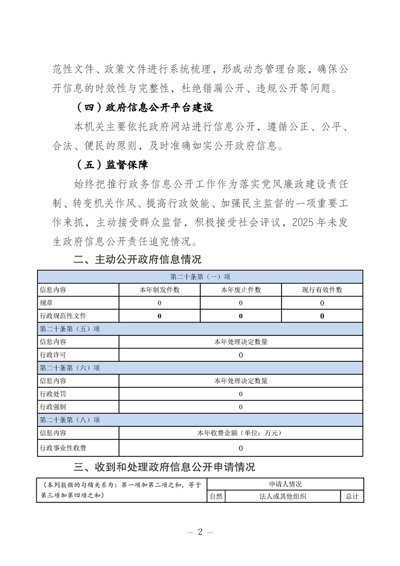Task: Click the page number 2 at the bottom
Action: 200,532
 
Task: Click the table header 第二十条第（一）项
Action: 200,277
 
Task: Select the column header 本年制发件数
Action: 159,290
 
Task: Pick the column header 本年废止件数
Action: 241,290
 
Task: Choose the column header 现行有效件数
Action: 322,290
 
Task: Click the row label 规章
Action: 46,303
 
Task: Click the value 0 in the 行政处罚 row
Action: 241,394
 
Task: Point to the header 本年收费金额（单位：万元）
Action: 241,433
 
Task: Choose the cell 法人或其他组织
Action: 282,496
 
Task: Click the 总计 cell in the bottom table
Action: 352,496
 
